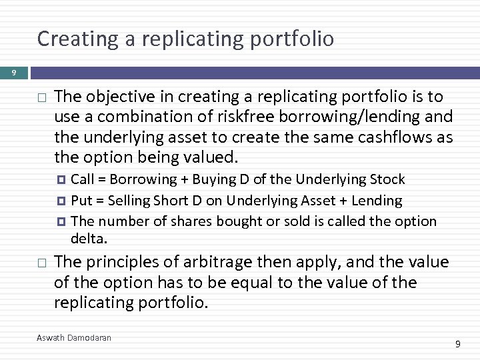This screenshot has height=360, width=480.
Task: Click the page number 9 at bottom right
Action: coord(458,344)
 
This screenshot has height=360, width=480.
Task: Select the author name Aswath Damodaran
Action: coord(74,338)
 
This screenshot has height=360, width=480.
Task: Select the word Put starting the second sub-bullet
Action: coord(81,200)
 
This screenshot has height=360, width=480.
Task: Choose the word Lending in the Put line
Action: coord(379,200)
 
